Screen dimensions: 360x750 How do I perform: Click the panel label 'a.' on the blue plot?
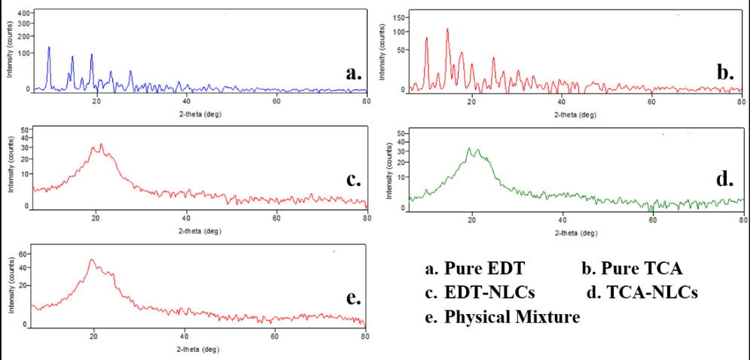point(353,73)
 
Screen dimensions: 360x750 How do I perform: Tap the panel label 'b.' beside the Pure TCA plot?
point(724,73)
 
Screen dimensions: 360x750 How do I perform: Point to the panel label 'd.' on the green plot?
point(724,181)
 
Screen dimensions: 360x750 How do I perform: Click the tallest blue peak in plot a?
point(49,47)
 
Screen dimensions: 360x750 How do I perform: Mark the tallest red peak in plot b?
point(447,29)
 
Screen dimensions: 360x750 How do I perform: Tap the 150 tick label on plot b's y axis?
point(400,17)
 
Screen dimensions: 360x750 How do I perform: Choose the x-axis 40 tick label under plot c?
point(186,219)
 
